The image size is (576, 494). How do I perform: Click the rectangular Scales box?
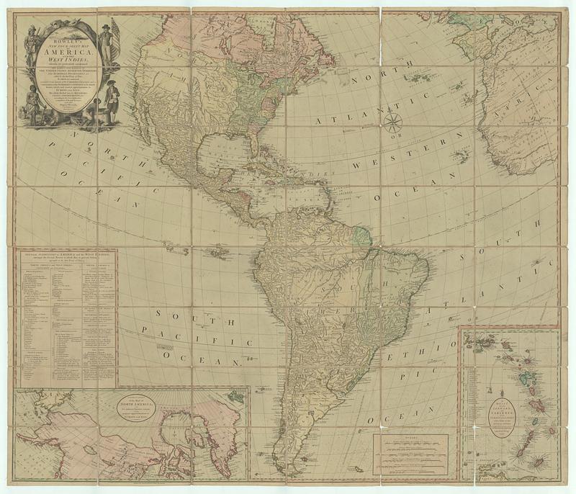(410, 454)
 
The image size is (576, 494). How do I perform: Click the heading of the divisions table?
(66, 256)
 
